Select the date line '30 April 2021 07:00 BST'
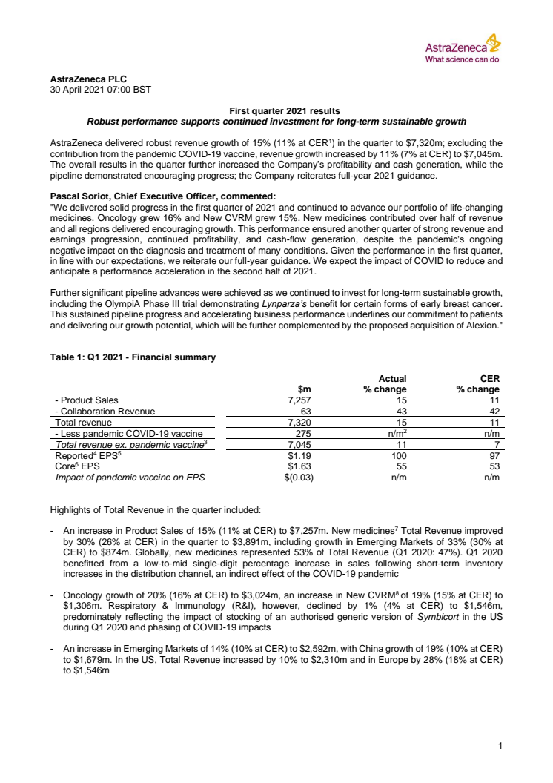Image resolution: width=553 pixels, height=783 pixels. pos(99,89)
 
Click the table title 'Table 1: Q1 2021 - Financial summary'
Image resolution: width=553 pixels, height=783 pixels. pos(133,357)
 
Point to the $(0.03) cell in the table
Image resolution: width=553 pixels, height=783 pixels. pos(294,478)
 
